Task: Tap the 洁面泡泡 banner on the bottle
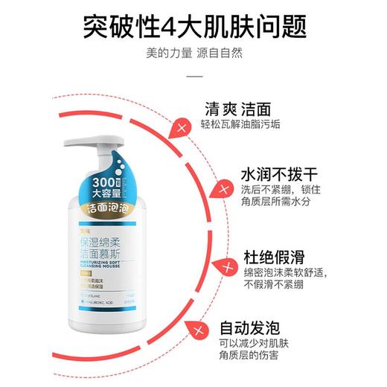coord(112,210)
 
